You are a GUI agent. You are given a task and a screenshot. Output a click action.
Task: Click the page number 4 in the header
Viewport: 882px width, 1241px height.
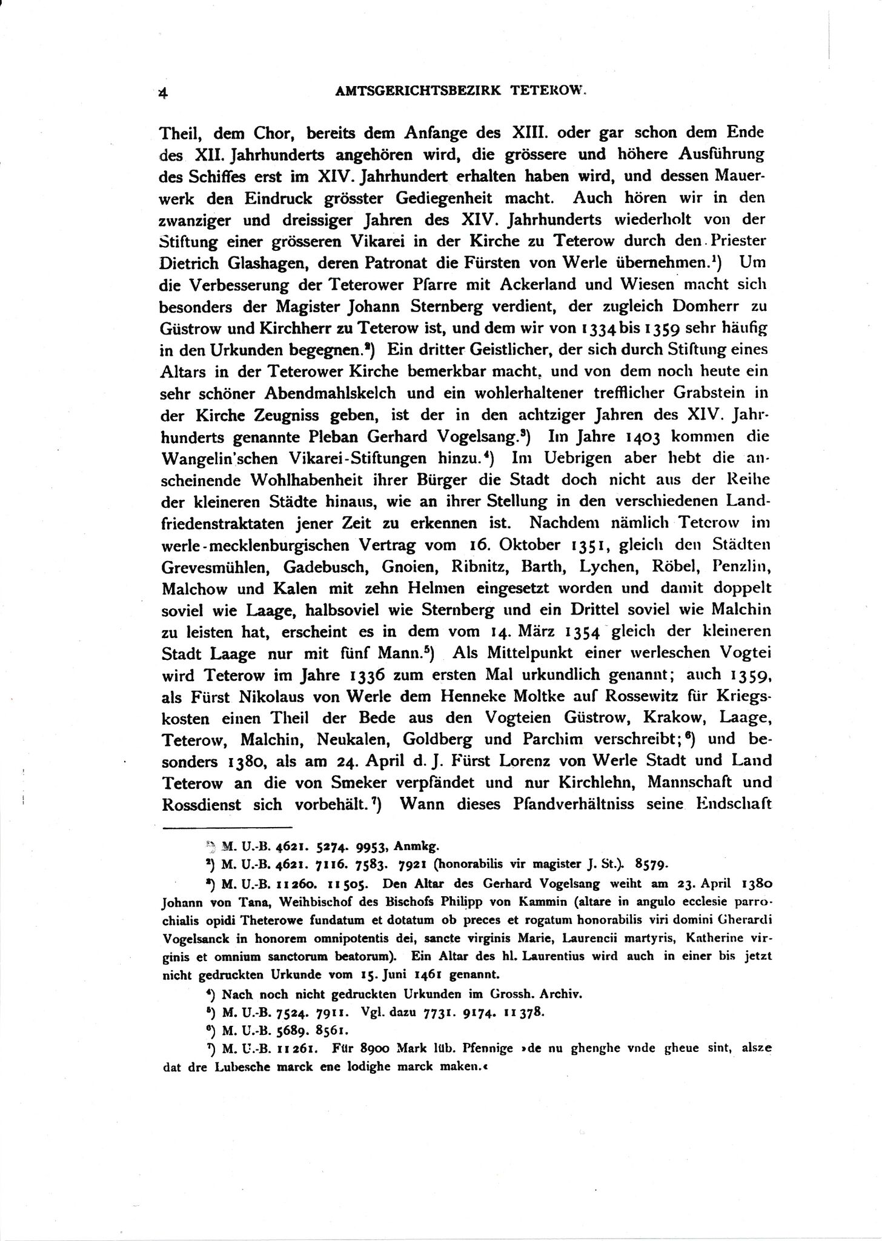(162, 93)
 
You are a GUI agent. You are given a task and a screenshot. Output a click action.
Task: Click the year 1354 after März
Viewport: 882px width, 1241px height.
(578, 633)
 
